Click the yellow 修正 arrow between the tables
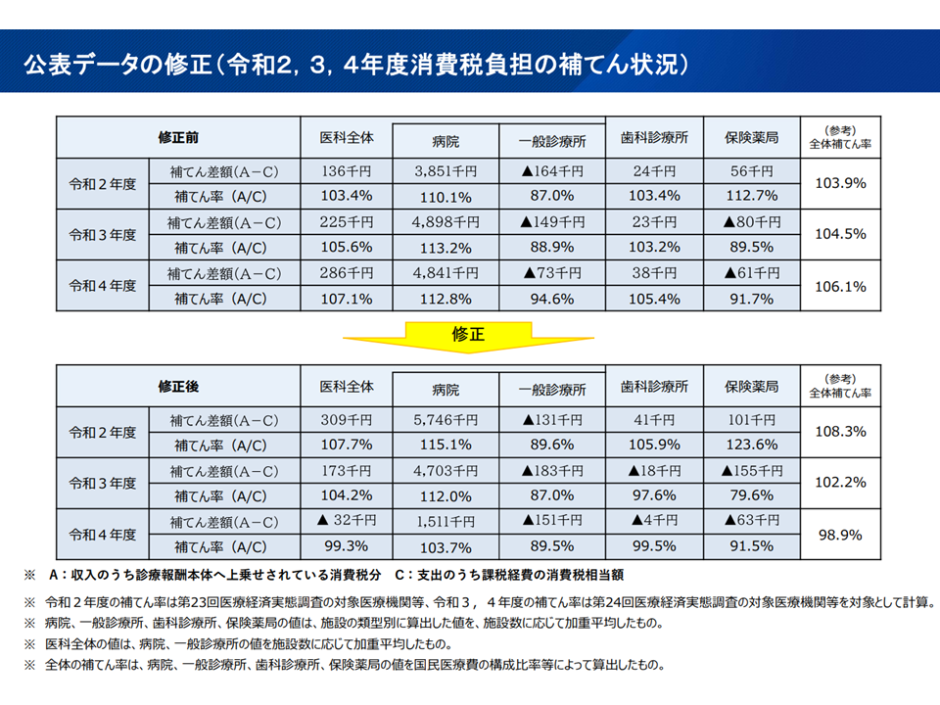pos(469,336)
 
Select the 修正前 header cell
pos(178,137)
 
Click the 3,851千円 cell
pos(446,171)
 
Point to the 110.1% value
pos(446,196)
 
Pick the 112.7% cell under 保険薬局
pos(752,196)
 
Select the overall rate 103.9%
pos(840,183)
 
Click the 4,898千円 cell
pos(446,222)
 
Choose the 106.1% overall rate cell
pos(840,286)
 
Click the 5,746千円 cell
pos(446,420)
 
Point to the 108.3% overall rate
pos(840,432)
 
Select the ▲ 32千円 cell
pos(347,521)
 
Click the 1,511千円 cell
pos(446,521)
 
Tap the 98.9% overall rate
pos(840,535)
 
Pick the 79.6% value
pos(752,496)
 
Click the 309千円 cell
pos(347,420)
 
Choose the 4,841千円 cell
pos(446,273)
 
